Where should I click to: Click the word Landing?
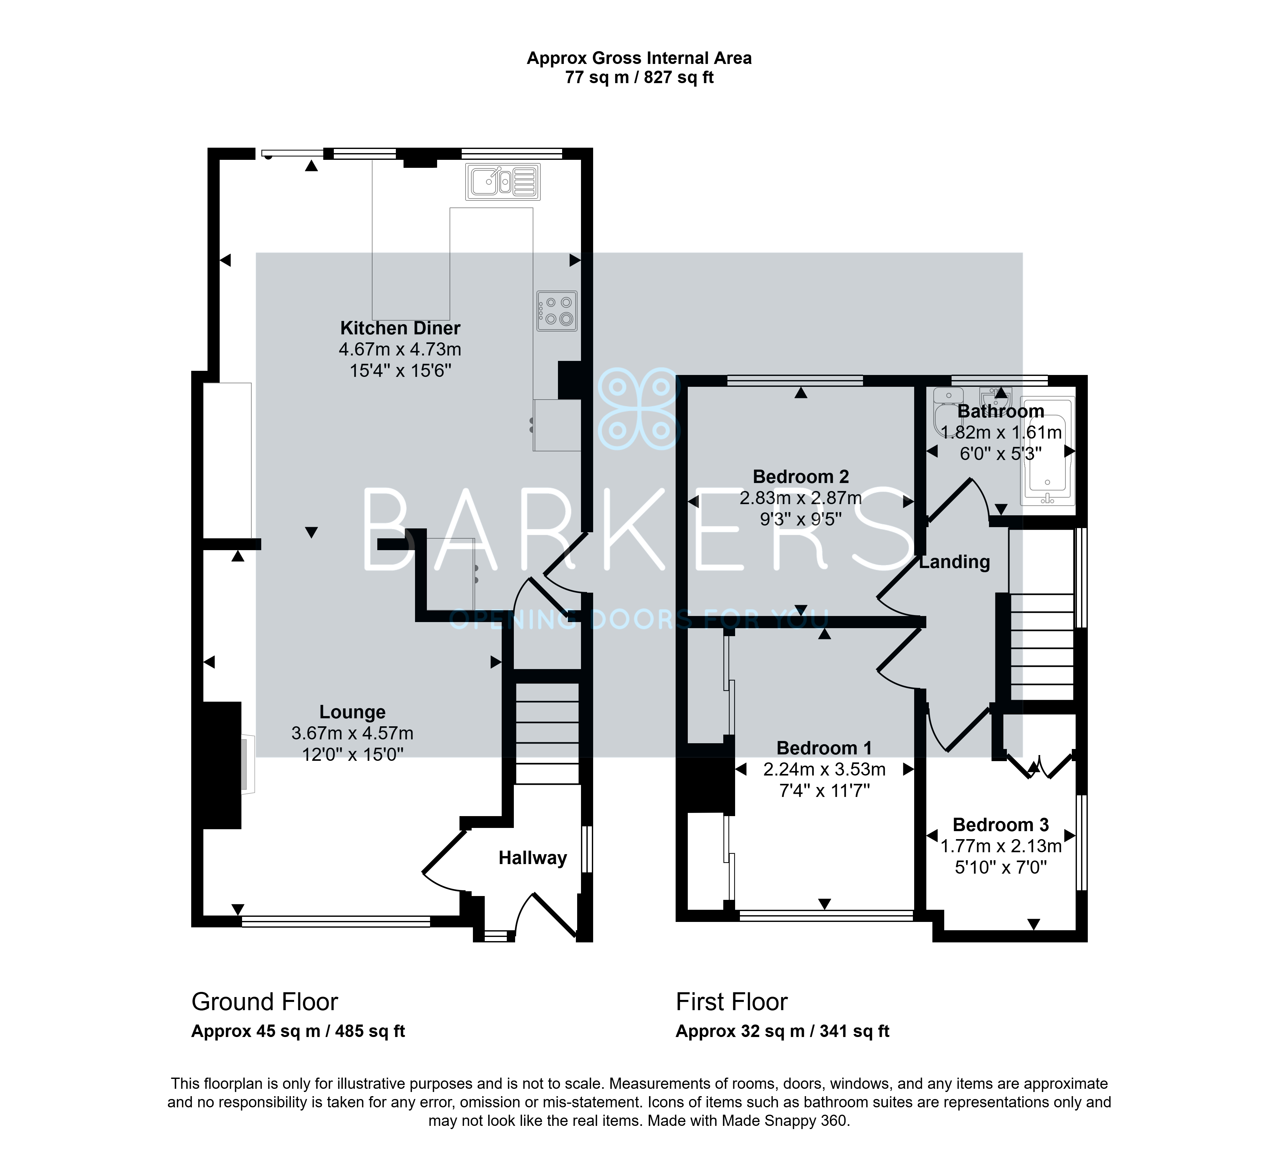(x=954, y=562)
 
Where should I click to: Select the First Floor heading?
(x=732, y=1002)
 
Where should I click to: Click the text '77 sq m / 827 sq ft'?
(x=639, y=77)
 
